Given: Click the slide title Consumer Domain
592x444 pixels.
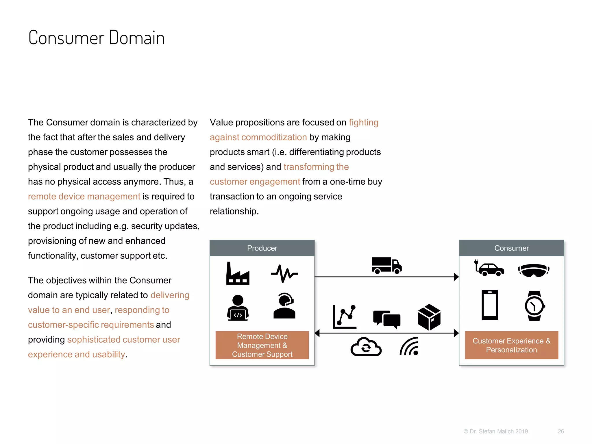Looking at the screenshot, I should pos(97,38).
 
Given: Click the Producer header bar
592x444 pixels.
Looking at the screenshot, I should pos(262,248).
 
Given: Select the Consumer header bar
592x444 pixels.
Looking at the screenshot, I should pos(511,248).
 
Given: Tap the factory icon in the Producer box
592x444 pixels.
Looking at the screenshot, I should pos(238,273).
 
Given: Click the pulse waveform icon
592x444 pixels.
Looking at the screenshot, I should pos(284,273).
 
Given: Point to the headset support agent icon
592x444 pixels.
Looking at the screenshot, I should pos(284,306).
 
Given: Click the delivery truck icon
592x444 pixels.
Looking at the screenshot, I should pos(386,265).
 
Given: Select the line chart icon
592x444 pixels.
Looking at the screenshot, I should pos(345,317).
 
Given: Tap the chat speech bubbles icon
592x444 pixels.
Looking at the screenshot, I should pos(387,319).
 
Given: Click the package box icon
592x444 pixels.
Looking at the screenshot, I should pos(429,317).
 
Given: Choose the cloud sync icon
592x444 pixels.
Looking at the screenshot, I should pos(366,347).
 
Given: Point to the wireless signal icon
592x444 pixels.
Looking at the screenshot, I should pos(409,346).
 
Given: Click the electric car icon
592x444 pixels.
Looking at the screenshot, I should pos(489,268).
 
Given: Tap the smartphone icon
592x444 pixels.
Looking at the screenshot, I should pos(490,305).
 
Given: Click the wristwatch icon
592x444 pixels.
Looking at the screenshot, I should pos(534,306).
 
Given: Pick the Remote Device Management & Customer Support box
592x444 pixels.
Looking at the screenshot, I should pos(262,345).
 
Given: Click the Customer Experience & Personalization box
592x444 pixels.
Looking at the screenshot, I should pos(511,345).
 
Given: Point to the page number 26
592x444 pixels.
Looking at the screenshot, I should pos(561,431).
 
